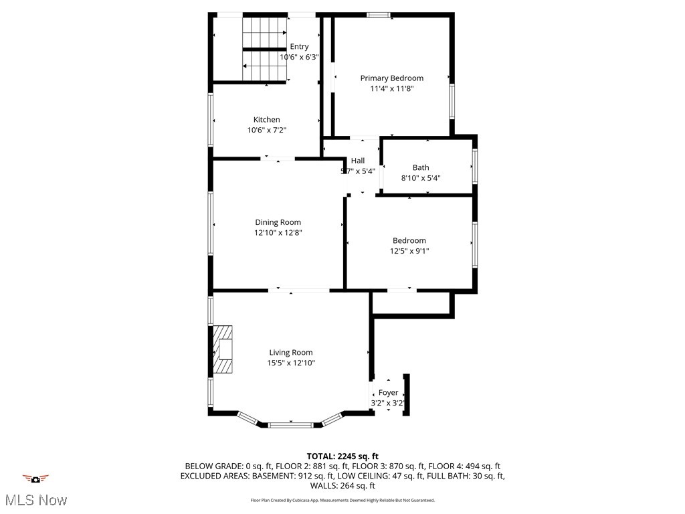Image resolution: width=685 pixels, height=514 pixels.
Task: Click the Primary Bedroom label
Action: [391, 78]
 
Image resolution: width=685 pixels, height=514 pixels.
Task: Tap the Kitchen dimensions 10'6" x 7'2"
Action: [267, 131]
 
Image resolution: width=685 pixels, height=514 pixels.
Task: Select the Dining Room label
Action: [278, 222]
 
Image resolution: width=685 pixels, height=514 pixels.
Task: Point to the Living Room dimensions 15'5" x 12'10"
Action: [290, 363]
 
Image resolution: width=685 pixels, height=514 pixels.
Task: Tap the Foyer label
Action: [388, 392]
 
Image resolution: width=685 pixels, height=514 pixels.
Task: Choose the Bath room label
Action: [421, 167]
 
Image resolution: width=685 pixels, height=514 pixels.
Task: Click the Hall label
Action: [358, 161]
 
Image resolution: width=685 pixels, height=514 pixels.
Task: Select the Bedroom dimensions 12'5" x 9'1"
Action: [409, 251]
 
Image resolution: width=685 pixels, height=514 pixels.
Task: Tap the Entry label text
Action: [299, 46]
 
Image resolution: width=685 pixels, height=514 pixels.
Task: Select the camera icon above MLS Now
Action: [35, 479]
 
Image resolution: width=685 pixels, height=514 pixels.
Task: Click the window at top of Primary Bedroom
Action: [379, 15]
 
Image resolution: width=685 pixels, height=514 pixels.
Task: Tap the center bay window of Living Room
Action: [290, 424]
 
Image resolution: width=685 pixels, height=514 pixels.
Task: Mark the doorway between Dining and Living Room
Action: [298, 290]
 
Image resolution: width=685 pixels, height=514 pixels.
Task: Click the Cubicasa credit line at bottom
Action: [342, 500]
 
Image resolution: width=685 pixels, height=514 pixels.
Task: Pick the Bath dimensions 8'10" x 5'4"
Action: [421, 178]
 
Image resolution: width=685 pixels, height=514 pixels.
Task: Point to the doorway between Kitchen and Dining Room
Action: [277, 159]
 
